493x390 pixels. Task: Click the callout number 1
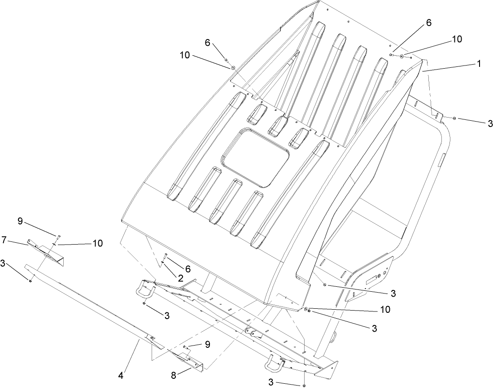pyautogui.click(x=479, y=64)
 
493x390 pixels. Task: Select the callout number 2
pyautogui.click(x=180, y=278)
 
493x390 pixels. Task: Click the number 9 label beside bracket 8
pyautogui.click(x=207, y=344)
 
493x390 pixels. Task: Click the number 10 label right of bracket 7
pyautogui.click(x=97, y=243)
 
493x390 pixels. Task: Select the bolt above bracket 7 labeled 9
pyautogui.click(x=58, y=237)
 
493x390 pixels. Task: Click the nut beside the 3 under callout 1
pyautogui.click(x=454, y=118)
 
